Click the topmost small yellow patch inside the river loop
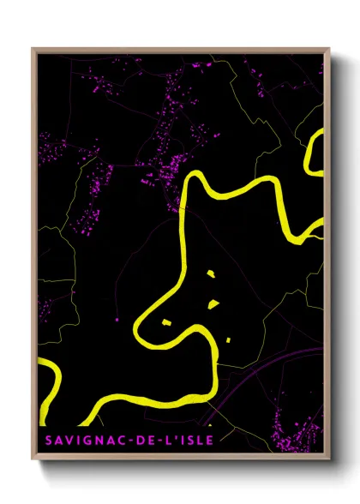[x=211, y=274]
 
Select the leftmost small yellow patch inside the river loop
[x=167, y=321]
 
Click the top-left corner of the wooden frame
[x=33, y=50]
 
